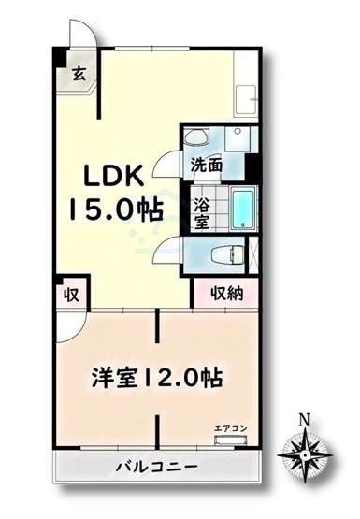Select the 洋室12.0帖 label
click(x=156, y=380)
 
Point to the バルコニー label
click(x=156, y=465)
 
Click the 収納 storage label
click(x=226, y=293)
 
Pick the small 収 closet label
click(x=70, y=295)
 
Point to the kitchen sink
click(x=249, y=97)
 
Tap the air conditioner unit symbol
click(x=231, y=439)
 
